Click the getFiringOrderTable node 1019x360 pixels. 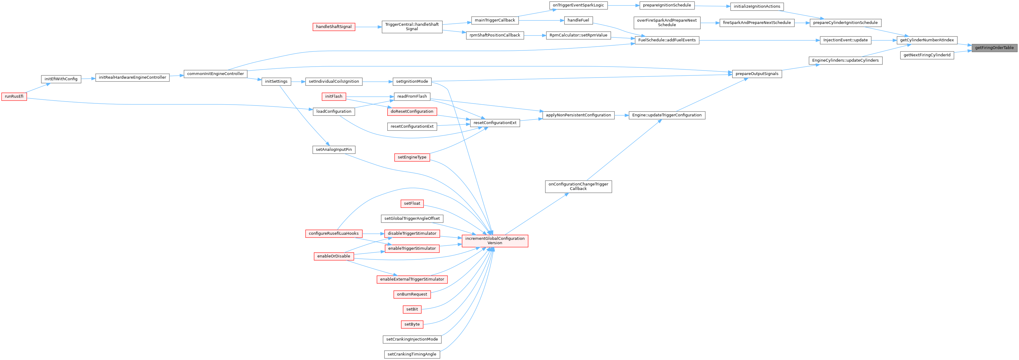click(994, 48)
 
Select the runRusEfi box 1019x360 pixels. click(14, 96)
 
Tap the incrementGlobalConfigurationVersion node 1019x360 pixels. click(495, 241)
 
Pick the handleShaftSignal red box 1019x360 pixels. click(333, 27)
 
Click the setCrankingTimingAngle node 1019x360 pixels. click(412, 354)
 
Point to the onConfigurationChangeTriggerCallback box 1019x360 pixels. click(578, 186)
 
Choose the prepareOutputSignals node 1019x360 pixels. click(756, 74)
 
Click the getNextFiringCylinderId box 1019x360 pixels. click(927, 55)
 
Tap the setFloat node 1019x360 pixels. click(412, 203)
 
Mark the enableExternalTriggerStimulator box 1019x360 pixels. click(412, 279)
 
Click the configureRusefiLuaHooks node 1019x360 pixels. click(333, 234)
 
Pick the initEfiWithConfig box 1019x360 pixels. click(61, 79)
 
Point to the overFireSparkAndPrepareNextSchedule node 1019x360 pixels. click(667, 22)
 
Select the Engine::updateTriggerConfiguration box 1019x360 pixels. click(667, 115)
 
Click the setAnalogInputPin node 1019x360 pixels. click(333, 150)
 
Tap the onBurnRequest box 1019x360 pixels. click(412, 294)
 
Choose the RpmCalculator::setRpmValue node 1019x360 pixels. click(578, 35)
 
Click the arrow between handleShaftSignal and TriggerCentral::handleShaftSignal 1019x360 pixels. click(368, 27)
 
